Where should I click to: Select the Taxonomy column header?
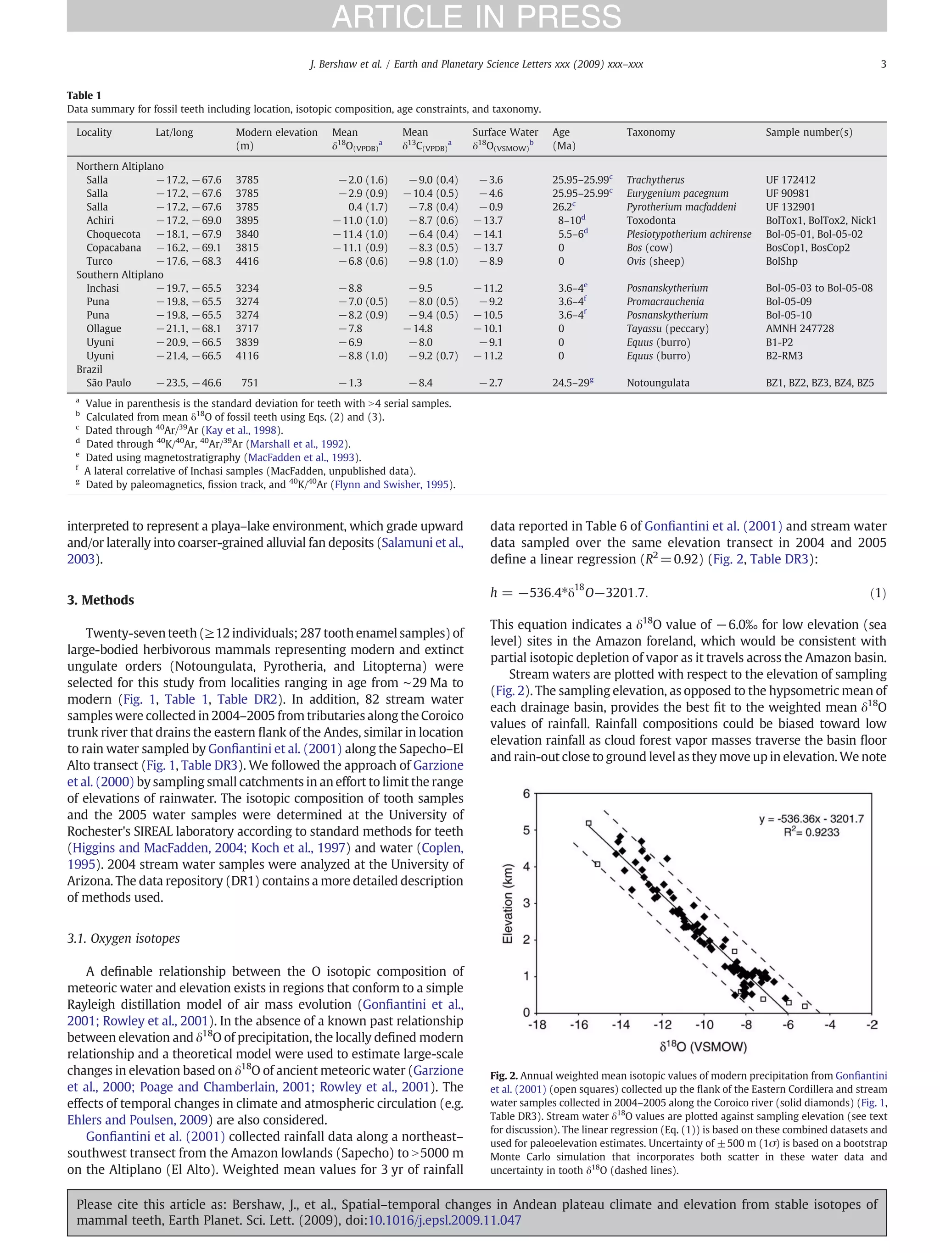pos(650,132)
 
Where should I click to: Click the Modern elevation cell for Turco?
pos(247,261)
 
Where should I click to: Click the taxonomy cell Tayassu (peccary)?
pos(667,329)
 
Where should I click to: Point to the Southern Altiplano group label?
pos(119,275)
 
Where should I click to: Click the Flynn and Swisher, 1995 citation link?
pos(392,484)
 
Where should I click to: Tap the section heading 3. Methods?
pos(101,600)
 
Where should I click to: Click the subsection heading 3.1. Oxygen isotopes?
pos(123,939)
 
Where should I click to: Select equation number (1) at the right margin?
pos(877,593)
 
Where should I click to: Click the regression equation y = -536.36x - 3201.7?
pos(811,819)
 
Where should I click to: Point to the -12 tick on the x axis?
pos(662,1025)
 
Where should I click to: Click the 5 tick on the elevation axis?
pos(526,830)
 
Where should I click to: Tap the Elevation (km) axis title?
pos(507,903)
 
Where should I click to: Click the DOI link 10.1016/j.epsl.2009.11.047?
pos(444,1220)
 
